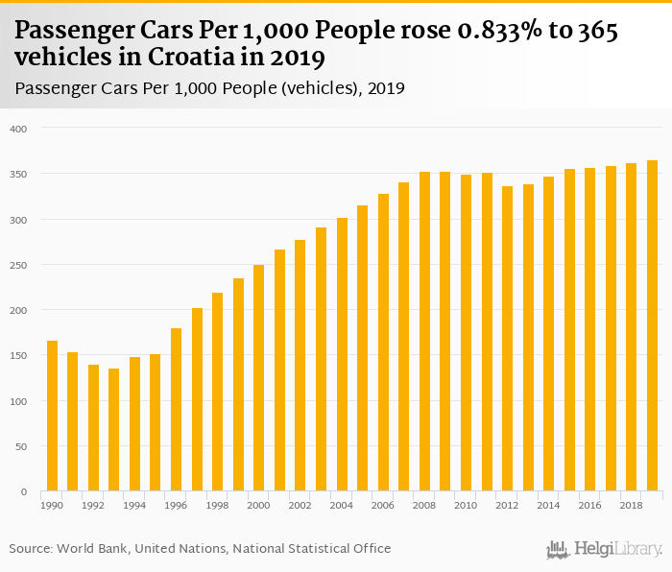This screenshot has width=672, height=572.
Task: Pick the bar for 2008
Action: click(x=424, y=331)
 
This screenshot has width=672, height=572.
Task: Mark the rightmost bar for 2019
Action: click(x=652, y=325)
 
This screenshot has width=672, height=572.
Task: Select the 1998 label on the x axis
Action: click(x=217, y=505)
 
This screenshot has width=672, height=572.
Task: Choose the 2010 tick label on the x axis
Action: click(x=466, y=505)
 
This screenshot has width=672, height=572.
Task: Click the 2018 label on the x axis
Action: click(x=631, y=505)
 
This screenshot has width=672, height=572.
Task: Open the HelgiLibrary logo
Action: click(x=605, y=549)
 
